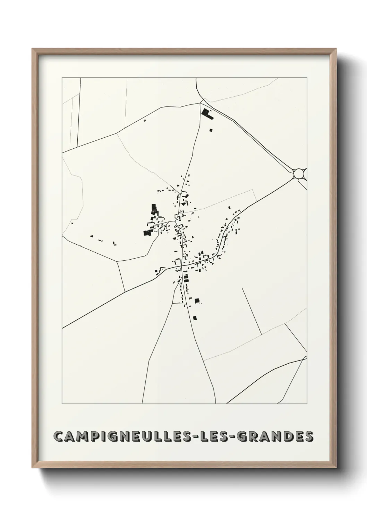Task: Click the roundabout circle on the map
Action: [299, 173]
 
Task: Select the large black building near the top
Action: [207, 114]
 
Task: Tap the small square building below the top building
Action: [211, 130]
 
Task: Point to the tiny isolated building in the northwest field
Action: [145, 120]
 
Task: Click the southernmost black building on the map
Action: [195, 318]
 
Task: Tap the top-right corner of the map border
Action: [307, 77]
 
